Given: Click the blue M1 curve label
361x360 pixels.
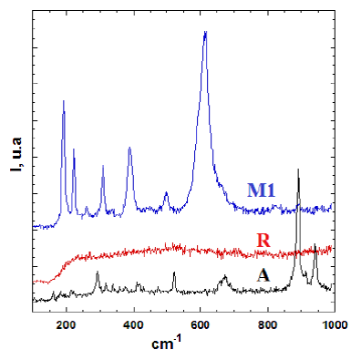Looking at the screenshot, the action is tap(261, 190).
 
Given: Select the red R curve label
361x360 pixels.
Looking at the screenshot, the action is tap(263, 241).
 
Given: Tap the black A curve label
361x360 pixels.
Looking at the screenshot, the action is tap(263, 276).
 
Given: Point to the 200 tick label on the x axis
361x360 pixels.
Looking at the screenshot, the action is tap(66, 324).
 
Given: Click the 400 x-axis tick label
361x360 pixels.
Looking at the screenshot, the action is tap(133, 324).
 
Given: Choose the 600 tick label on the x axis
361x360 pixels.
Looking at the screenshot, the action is tap(201, 324).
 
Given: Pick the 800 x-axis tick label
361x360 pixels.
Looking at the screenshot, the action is tap(268, 324).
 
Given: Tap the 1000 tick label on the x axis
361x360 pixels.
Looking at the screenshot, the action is tap(334, 324).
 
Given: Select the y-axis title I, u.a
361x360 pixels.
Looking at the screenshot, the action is tap(15, 155).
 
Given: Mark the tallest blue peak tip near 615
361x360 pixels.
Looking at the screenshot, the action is tap(205, 31).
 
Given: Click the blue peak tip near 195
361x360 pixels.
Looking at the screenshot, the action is tap(64, 100).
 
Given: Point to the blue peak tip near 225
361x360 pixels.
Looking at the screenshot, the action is tap(74, 149).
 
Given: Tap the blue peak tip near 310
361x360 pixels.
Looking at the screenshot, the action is tap(103, 165).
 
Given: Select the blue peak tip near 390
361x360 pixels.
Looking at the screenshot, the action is tap(129, 148).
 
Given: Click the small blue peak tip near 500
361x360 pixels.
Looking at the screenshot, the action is tap(166, 191).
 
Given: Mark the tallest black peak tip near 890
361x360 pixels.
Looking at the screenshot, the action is tap(298, 170).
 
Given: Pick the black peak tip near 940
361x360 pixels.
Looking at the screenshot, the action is tap(315, 243).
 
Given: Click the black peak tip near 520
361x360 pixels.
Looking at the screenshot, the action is tap(174, 272).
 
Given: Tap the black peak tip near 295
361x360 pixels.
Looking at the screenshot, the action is tap(98, 271).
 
